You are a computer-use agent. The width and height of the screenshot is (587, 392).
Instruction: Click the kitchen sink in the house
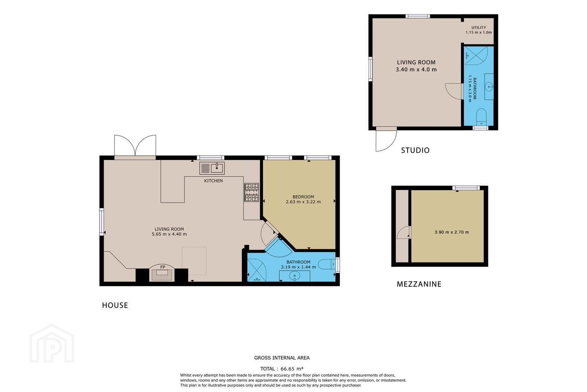(x=212, y=168)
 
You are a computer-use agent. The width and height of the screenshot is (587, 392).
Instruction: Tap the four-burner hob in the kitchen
(x=252, y=192)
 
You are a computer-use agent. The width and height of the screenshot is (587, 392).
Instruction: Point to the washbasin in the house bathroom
(x=295, y=276)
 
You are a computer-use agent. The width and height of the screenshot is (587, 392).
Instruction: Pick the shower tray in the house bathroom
(x=257, y=270)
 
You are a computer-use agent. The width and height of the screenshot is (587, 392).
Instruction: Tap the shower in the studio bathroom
(x=476, y=56)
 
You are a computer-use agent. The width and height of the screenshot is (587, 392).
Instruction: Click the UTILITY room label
(x=479, y=28)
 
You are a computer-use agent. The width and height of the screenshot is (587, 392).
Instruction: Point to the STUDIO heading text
(x=415, y=150)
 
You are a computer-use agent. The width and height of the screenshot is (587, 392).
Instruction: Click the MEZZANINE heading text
(x=419, y=284)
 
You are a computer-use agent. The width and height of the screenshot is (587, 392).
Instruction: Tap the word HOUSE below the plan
(x=115, y=305)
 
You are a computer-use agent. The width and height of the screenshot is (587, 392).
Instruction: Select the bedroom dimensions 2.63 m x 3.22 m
(x=303, y=202)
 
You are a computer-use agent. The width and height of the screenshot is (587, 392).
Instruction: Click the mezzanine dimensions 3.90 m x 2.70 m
(x=452, y=232)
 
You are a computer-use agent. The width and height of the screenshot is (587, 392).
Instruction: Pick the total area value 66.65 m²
(x=292, y=369)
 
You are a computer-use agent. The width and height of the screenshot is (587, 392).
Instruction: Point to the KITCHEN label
(x=214, y=180)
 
